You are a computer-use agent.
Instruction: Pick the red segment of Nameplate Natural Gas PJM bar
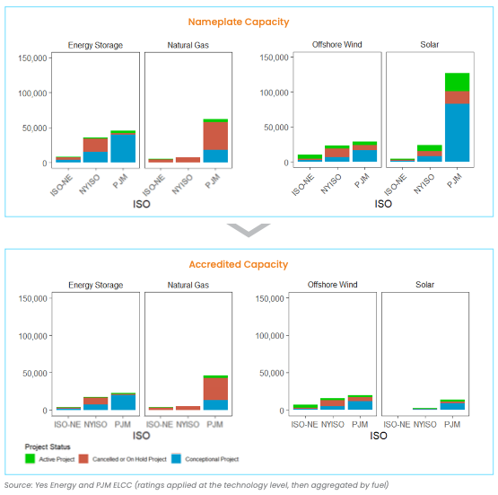(x=214, y=136)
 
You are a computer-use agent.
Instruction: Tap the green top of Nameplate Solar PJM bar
(x=456, y=82)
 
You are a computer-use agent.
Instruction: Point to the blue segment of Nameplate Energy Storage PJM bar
(x=123, y=148)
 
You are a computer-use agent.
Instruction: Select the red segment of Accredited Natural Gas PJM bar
(x=214, y=389)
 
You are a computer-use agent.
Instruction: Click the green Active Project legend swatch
(x=31, y=459)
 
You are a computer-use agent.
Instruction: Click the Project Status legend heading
(x=48, y=446)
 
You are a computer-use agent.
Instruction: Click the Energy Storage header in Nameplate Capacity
(x=95, y=45)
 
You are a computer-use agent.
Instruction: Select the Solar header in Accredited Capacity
(x=425, y=285)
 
